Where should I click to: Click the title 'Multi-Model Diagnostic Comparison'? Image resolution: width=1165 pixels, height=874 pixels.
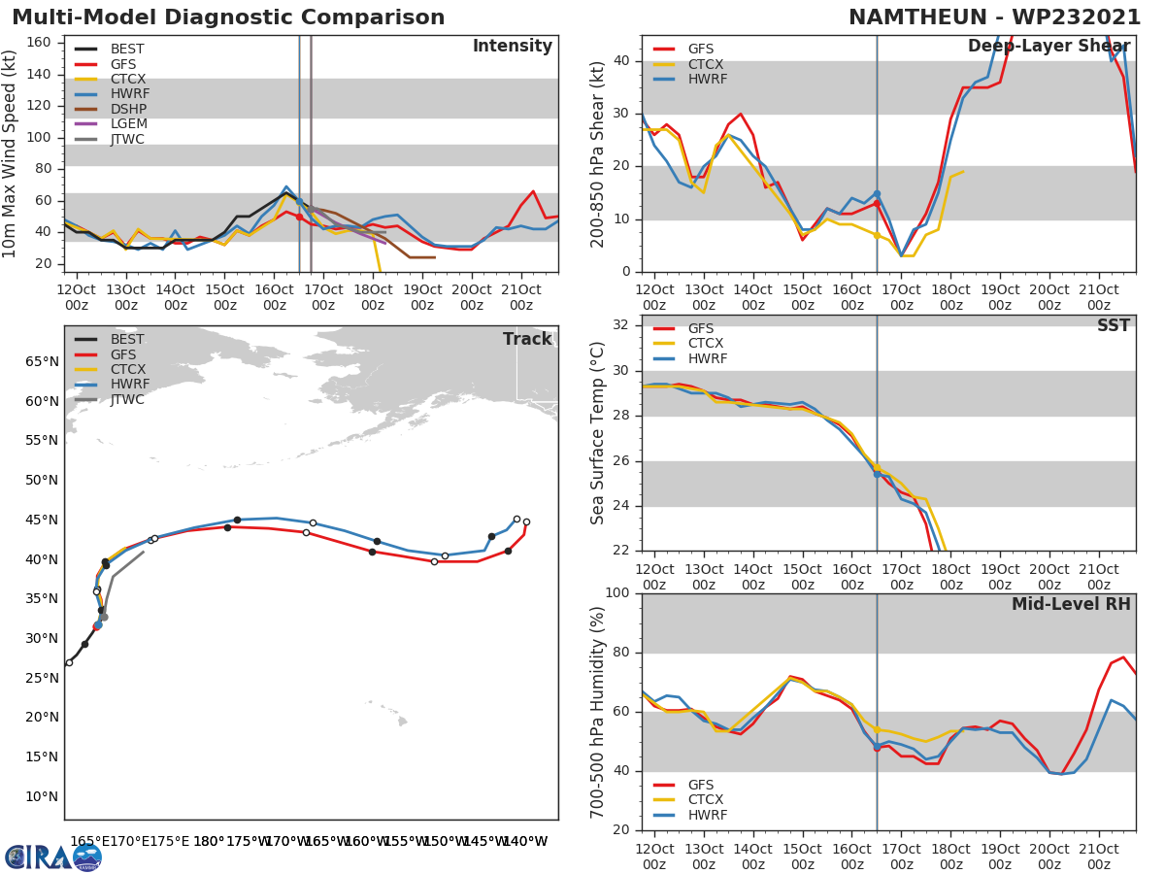[x=228, y=17]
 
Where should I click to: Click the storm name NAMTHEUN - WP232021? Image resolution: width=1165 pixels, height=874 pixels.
[x=995, y=17]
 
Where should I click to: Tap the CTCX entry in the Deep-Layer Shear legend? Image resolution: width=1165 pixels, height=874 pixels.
[x=707, y=64]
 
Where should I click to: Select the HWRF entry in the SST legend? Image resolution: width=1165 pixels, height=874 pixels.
[x=707, y=358]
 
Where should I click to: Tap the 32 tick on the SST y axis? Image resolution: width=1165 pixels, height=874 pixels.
[x=620, y=325]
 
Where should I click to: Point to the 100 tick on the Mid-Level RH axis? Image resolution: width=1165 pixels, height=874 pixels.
[x=616, y=593]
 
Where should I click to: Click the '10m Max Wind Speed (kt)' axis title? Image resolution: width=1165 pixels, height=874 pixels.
[x=11, y=153]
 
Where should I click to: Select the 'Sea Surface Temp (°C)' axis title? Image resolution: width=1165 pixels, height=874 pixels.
[x=598, y=433]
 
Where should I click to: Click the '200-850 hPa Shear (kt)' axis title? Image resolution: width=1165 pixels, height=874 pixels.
[x=598, y=153]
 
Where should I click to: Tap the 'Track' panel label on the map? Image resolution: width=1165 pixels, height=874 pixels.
[x=527, y=339]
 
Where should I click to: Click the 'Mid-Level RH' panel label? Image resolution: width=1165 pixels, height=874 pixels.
[x=1071, y=604]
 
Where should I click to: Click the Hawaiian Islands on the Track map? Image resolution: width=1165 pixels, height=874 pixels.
[x=393, y=714]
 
